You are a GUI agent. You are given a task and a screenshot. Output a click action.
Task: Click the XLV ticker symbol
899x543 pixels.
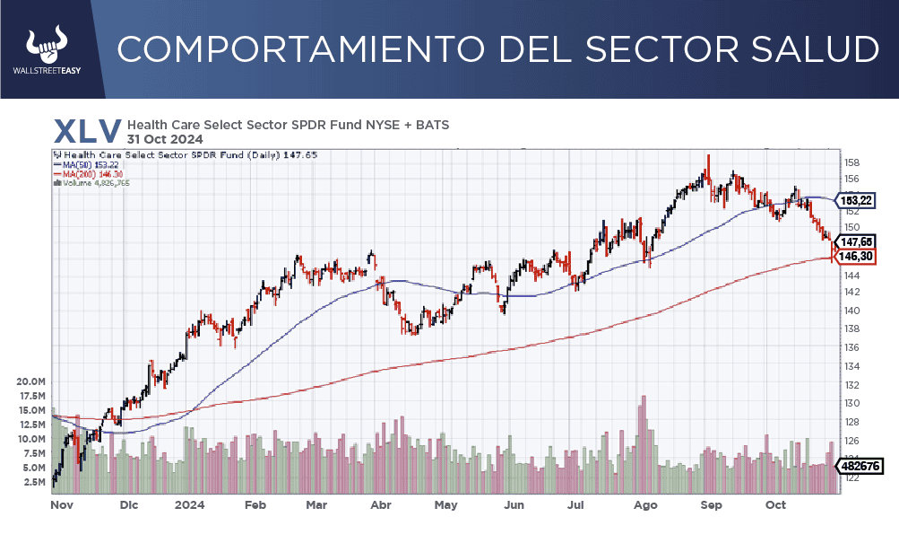pos(87,130)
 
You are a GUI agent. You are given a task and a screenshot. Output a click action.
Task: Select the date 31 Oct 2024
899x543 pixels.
pos(165,139)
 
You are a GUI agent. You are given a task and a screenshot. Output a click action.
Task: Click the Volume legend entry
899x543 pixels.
pos(94,183)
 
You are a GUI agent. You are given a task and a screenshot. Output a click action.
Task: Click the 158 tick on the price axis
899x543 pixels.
pos(851,163)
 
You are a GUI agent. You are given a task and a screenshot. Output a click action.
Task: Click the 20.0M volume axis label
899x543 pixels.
pos(30,381)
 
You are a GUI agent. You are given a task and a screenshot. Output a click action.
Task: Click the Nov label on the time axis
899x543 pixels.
pos(61,505)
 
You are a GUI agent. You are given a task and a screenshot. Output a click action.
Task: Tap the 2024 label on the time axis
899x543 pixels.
pos(189,505)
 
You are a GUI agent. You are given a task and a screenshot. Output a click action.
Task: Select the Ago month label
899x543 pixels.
pos(645,505)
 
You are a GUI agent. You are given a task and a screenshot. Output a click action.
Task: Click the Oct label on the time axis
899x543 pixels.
pos(775,505)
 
